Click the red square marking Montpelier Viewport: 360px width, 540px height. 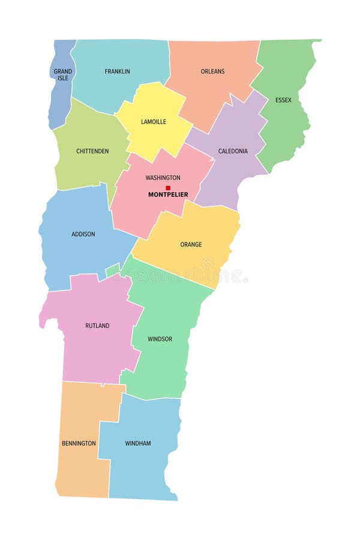pyautogui.click(x=168, y=188)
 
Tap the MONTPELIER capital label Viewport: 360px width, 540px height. pyautogui.click(x=168, y=195)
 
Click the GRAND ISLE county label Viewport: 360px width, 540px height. pyautogui.click(x=63, y=75)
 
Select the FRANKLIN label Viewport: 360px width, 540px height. pyautogui.click(x=117, y=71)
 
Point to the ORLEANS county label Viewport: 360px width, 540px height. pyautogui.click(x=212, y=71)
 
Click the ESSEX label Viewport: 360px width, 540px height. pyautogui.click(x=283, y=100)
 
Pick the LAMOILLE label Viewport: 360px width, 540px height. pyautogui.click(x=154, y=122)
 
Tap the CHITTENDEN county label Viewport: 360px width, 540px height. pyautogui.click(x=92, y=151)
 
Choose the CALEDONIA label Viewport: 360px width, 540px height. pyautogui.click(x=233, y=151)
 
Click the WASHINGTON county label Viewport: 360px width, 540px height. pyautogui.click(x=163, y=178)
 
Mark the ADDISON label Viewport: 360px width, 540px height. pyautogui.click(x=83, y=234)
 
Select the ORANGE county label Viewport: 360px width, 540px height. pyautogui.click(x=191, y=245)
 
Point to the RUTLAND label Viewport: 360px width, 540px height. pyautogui.click(x=97, y=326)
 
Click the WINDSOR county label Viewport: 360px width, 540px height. pyautogui.click(x=160, y=340)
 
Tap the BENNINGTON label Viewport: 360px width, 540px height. pyautogui.click(x=79, y=443)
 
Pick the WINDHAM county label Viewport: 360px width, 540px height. pyautogui.click(x=138, y=443)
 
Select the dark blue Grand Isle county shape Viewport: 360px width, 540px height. pyautogui.click(x=58, y=99)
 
